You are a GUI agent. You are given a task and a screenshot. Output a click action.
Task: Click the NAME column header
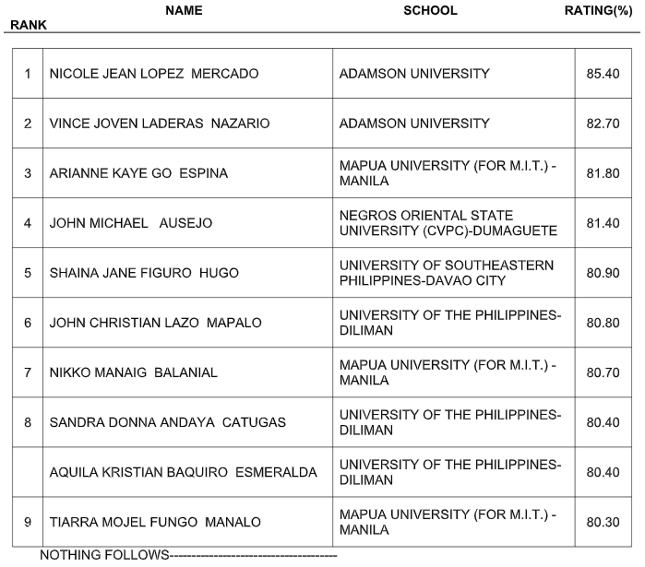[184, 10]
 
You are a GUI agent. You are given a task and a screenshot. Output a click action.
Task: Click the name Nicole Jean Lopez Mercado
[154, 74]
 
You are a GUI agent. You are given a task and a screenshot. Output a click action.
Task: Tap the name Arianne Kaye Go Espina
[138, 173]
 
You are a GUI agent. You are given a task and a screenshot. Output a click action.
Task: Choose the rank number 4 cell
[28, 223]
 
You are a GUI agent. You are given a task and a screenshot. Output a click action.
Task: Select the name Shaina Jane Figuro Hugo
[144, 273]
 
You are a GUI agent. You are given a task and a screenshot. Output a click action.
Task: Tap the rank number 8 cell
[28, 422]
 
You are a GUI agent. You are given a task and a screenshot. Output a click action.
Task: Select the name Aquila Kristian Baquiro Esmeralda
[183, 472]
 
